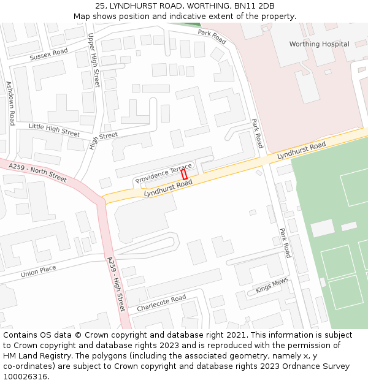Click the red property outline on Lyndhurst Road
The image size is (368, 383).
click(x=184, y=175)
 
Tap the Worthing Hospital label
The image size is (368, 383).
click(x=319, y=44)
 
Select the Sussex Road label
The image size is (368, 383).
click(x=48, y=55)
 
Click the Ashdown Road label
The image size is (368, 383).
click(x=10, y=103)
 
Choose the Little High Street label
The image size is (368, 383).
click(x=54, y=130)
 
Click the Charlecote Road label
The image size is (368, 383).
click(x=161, y=302)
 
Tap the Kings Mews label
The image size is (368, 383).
click(x=272, y=286)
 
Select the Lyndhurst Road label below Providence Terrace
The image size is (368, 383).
click(x=168, y=188)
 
